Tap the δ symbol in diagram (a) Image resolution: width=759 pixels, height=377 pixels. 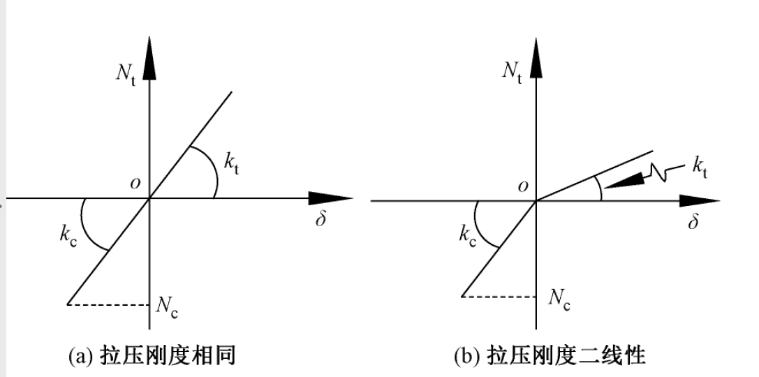click(322, 221)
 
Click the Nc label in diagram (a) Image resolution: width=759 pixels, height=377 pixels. click(167, 306)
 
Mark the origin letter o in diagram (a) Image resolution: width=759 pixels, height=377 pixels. click(134, 183)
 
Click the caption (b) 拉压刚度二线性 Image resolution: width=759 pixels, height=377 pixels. click(549, 357)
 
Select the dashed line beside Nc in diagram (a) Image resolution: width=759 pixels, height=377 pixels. click(108, 304)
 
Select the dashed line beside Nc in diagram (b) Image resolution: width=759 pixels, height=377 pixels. click(499, 296)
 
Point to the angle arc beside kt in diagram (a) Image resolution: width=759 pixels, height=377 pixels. click(214, 172)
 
